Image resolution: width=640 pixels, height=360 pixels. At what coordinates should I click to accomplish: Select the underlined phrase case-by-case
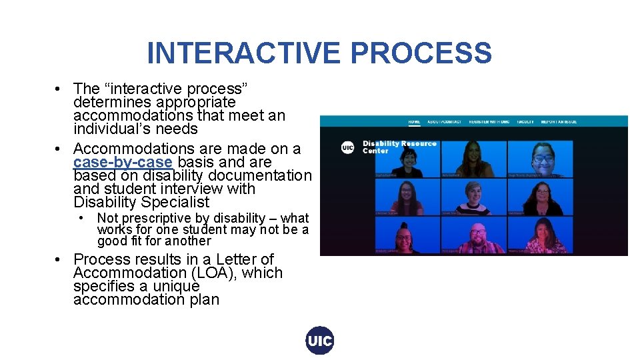coord(123,163)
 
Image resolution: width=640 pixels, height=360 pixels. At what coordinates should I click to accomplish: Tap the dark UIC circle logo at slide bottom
coord(319,341)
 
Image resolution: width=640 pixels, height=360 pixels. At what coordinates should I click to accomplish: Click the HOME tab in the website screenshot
coord(414,122)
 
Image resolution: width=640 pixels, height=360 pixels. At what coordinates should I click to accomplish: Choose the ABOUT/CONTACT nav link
coord(444,122)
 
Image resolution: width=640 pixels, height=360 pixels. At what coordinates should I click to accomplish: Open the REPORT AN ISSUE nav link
coord(559,122)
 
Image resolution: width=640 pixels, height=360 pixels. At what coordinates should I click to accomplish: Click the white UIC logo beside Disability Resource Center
coord(347,147)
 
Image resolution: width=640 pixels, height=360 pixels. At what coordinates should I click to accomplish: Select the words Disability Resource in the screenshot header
coord(399,143)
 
